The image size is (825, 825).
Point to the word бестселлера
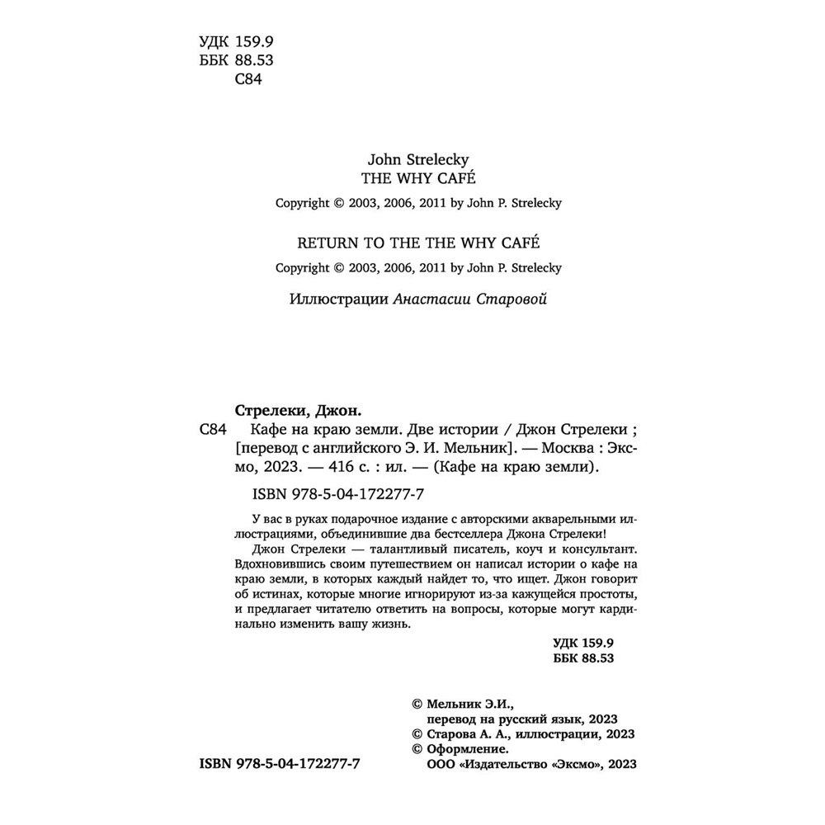(481, 533)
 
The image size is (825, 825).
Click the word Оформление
(464, 750)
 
